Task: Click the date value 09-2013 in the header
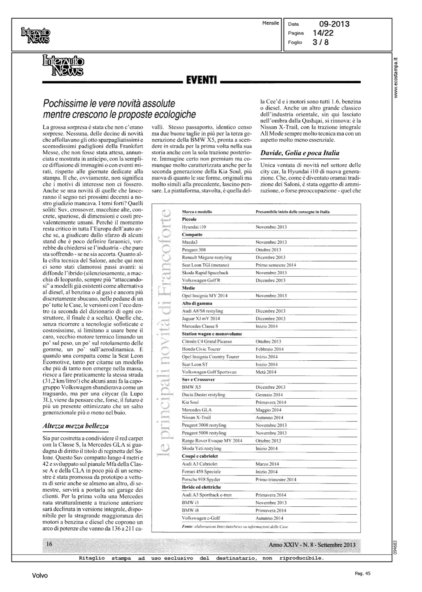[x=334, y=24]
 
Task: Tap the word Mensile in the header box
[x=270, y=23]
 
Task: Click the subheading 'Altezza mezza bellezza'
[x=75, y=426]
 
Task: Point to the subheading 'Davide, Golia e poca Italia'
[x=300, y=153]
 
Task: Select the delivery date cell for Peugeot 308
[x=268, y=250]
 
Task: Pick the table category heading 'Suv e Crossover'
[x=198, y=380]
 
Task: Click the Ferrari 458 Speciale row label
[x=201, y=472]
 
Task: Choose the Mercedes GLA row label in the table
[x=197, y=410]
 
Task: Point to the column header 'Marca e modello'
[x=197, y=212]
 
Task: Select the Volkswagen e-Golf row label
[x=201, y=518]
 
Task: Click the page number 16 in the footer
[x=50, y=544]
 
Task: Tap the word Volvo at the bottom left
[x=40, y=576]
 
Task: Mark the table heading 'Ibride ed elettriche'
[x=201, y=487]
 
